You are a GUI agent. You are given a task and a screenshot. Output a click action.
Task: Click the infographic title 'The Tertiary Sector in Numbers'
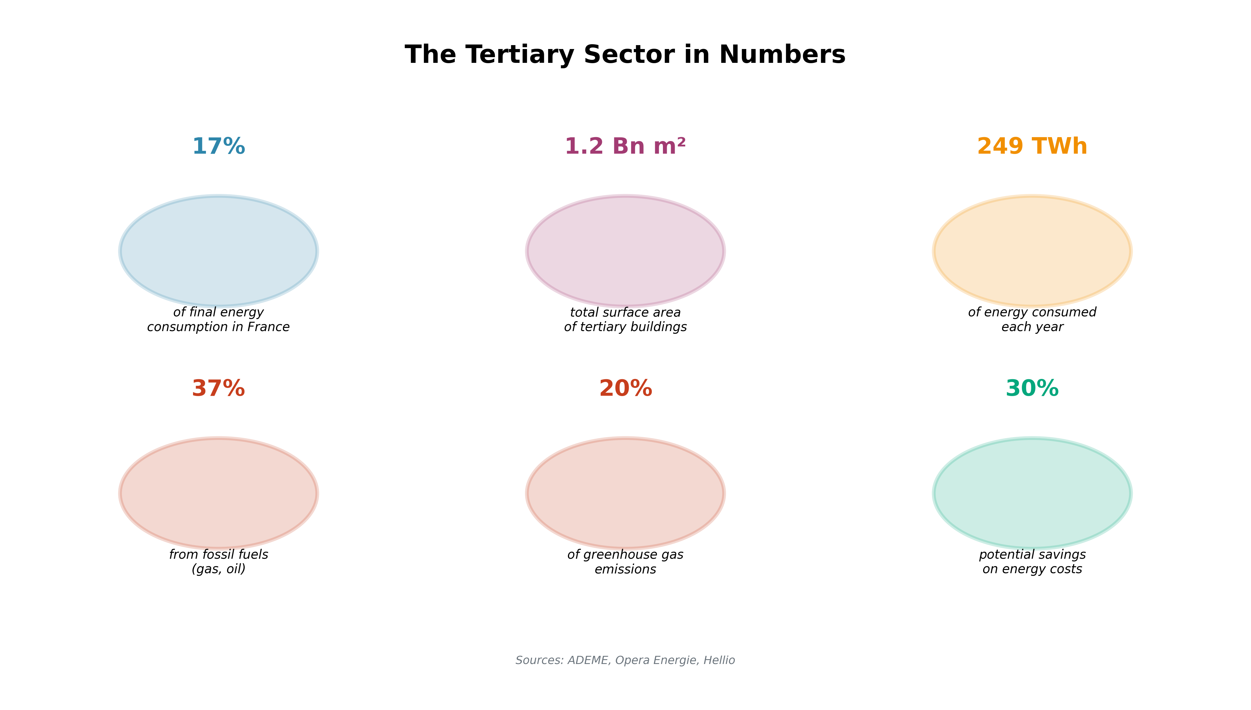(x=625, y=55)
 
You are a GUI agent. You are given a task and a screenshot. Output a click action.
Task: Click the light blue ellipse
(x=218, y=251)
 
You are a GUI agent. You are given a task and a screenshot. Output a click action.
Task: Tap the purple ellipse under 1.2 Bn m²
(x=625, y=251)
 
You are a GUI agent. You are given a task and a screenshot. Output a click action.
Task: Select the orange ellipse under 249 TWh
(x=1032, y=251)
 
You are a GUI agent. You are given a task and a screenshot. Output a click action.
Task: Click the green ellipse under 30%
(x=1032, y=493)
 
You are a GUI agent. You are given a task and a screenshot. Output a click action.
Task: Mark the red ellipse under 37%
(x=218, y=493)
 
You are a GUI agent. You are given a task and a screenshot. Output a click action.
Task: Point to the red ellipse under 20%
(x=625, y=493)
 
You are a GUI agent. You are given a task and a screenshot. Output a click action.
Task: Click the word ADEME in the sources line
(x=588, y=660)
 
